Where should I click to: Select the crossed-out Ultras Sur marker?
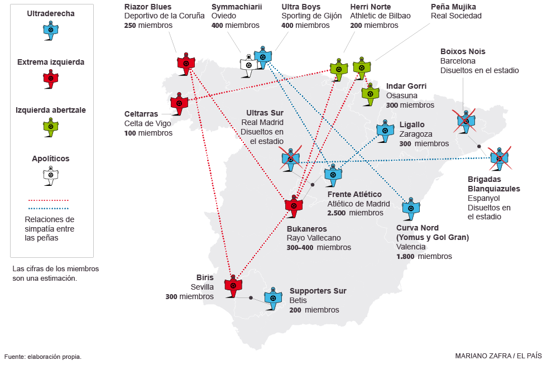pos(290,159)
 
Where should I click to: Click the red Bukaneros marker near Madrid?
pos(294,205)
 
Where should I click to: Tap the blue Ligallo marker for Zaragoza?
pos(384,130)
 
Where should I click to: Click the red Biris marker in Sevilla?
pos(232,284)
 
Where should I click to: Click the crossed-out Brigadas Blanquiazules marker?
pos(498,159)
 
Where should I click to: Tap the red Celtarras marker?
pos(179,103)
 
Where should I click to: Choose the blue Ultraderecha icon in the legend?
pos(51,30)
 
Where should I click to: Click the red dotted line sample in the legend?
pos(49,200)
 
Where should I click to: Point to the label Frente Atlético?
pos(354,194)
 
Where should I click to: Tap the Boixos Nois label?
pos(463,51)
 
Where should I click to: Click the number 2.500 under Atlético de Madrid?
pos(337,213)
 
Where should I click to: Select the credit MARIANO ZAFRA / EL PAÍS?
pos(498,356)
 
